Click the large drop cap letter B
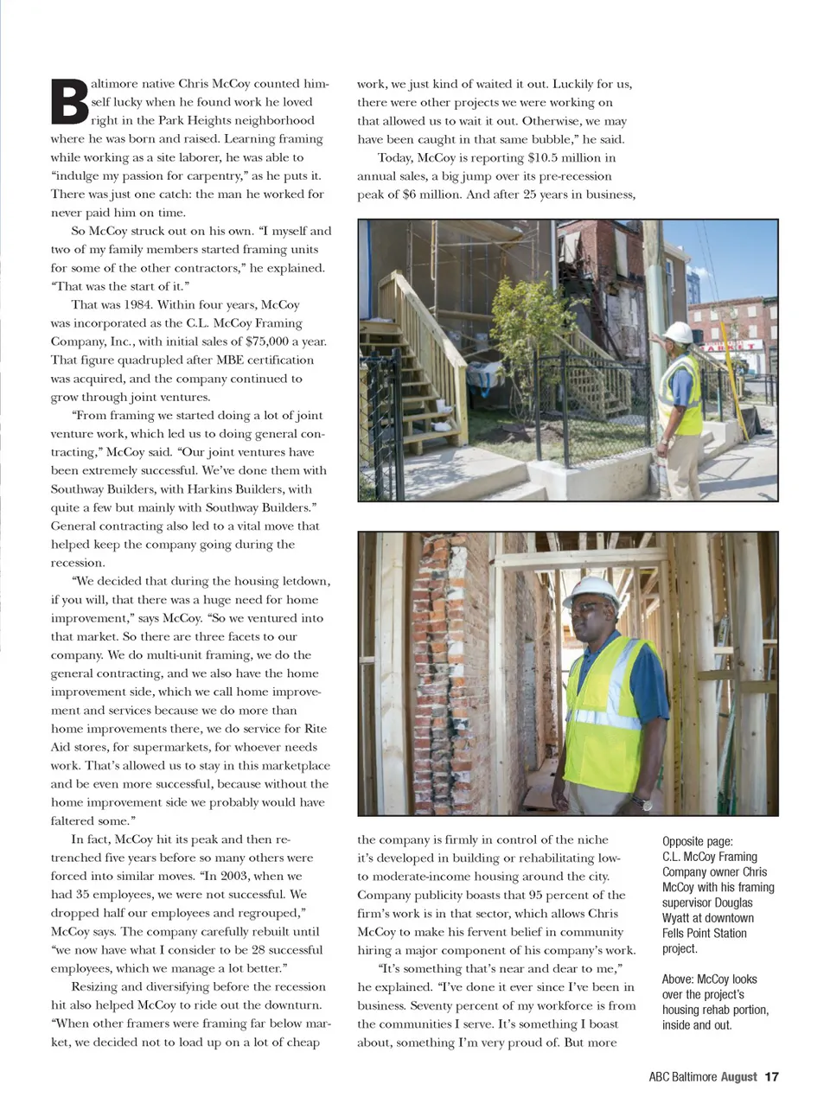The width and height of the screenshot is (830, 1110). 70,102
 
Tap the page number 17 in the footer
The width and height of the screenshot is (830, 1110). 772,1077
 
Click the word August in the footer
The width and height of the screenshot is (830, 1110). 738,1077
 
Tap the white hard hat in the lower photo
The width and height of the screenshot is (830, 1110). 591,592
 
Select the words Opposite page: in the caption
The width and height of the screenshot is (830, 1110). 698,841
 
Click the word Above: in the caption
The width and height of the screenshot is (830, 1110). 679,979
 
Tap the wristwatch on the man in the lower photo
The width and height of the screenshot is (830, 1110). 645,803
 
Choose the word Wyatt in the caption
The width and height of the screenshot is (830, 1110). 679,918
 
